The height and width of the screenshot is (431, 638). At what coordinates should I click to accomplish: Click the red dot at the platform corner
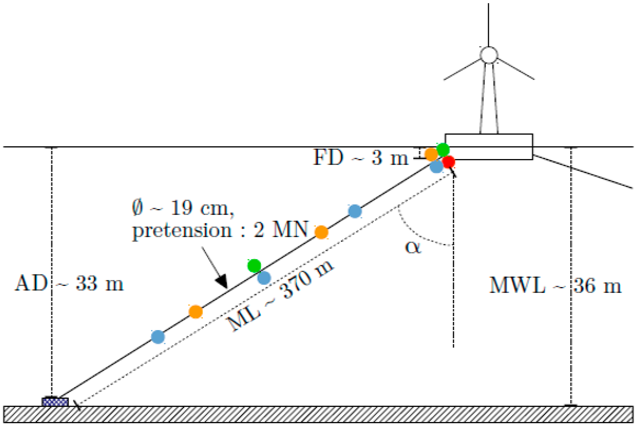pyautogui.click(x=449, y=162)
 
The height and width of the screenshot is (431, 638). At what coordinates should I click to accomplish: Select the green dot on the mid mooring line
pyautogui.click(x=254, y=265)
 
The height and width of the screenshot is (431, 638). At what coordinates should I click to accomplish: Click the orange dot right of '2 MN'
pyautogui.click(x=321, y=232)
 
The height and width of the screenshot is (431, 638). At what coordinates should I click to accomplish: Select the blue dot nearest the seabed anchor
pyautogui.click(x=158, y=337)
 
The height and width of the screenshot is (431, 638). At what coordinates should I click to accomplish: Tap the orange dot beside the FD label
pyautogui.click(x=431, y=154)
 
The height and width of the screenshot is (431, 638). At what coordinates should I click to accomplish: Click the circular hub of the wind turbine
pyautogui.click(x=489, y=55)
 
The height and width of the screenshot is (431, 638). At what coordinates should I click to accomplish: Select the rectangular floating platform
pyautogui.click(x=489, y=147)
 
